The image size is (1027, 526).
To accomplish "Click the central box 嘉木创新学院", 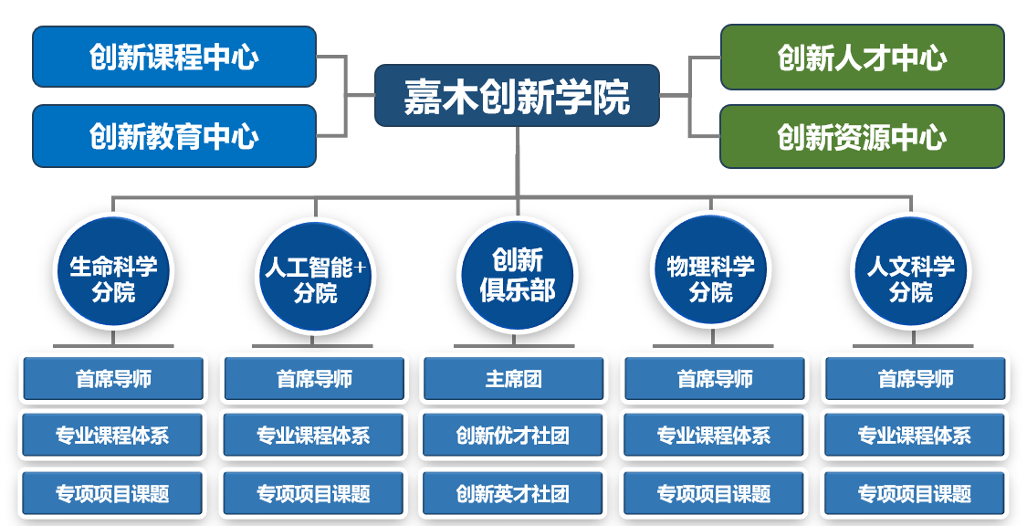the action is [x=517, y=96].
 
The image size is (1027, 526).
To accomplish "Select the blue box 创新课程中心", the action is [x=174, y=57].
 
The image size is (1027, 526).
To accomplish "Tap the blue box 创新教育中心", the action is [x=174, y=135].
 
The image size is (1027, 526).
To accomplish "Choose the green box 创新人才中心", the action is [x=862, y=57].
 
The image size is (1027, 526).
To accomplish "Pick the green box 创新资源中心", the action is [x=862, y=136].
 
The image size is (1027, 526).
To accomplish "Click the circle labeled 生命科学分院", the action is [x=113, y=273].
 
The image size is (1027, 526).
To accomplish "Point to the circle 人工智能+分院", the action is [x=315, y=276].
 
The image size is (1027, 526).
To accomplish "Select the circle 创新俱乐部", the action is [x=518, y=275].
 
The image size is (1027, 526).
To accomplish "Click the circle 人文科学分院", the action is [x=911, y=273].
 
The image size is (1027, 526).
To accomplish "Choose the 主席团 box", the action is [x=513, y=379].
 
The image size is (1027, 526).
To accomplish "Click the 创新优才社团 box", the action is [x=513, y=435].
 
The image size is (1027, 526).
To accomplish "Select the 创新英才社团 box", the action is [x=513, y=492].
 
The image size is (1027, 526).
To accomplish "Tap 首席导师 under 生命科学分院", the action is [x=113, y=379].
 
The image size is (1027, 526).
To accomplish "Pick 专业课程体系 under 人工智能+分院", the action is [x=314, y=435].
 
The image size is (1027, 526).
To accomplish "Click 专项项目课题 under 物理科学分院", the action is [x=714, y=492].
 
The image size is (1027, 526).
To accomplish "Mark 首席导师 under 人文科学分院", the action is [x=916, y=379].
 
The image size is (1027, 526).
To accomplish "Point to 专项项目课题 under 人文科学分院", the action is [x=915, y=492].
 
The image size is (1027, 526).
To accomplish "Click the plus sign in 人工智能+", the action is [x=360, y=268].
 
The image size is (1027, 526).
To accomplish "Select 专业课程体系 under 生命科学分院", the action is [x=112, y=435].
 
